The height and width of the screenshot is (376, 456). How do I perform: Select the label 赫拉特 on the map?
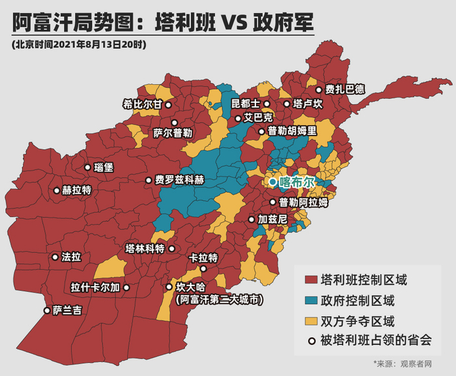pos(76,190)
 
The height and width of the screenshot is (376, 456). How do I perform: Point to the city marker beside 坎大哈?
pos(169,287)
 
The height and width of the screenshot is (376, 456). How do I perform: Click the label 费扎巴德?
pos(345,90)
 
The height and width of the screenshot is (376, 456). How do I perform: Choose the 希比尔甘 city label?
pos(142,104)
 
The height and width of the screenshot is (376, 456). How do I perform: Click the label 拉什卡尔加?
pos(96,287)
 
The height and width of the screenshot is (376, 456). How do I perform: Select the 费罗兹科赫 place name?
pos(180,181)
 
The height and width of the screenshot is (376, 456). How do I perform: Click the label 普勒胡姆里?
pos(292,130)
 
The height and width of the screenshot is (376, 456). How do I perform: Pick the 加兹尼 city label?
pos(272,220)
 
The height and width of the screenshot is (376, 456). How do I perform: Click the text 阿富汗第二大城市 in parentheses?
pos(221,300)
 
